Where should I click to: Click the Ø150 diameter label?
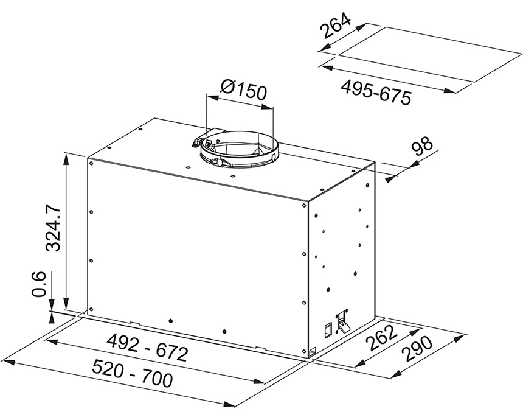[244, 89]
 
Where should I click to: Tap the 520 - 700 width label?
[133, 373]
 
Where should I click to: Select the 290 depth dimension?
[418, 349]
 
